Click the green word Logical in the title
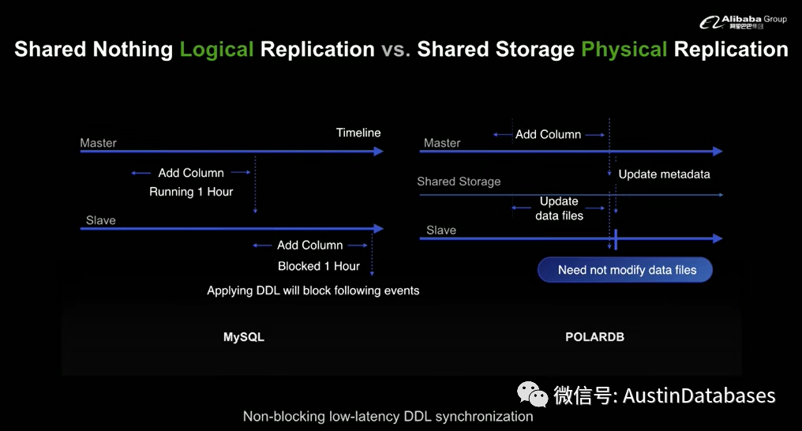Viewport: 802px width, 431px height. (x=216, y=49)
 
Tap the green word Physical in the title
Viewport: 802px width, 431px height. (x=624, y=49)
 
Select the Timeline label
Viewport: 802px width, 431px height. (x=358, y=133)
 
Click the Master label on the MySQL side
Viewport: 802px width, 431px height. (x=98, y=143)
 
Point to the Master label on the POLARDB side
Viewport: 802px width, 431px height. (x=442, y=143)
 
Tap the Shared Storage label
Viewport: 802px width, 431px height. (x=459, y=182)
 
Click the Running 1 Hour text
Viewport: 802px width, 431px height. (x=191, y=192)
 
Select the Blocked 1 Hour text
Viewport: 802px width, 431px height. (x=319, y=266)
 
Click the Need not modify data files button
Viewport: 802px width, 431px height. (x=627, y=270)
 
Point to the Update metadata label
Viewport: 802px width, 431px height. (x=664, y=174)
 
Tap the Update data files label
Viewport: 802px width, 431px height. (x=559, y=208)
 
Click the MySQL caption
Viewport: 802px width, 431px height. (x=244, y=337)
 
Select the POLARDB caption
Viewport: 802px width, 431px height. (x=594, y=337)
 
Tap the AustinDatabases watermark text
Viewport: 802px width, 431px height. (x=699, y=395)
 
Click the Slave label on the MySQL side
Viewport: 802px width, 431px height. (x=100, y=220)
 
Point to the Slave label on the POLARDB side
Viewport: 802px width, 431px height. (x=441, y=230)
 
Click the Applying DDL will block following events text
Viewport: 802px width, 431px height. (x=313, y=290)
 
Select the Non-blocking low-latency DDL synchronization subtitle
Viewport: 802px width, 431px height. (x=388, y=417)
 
